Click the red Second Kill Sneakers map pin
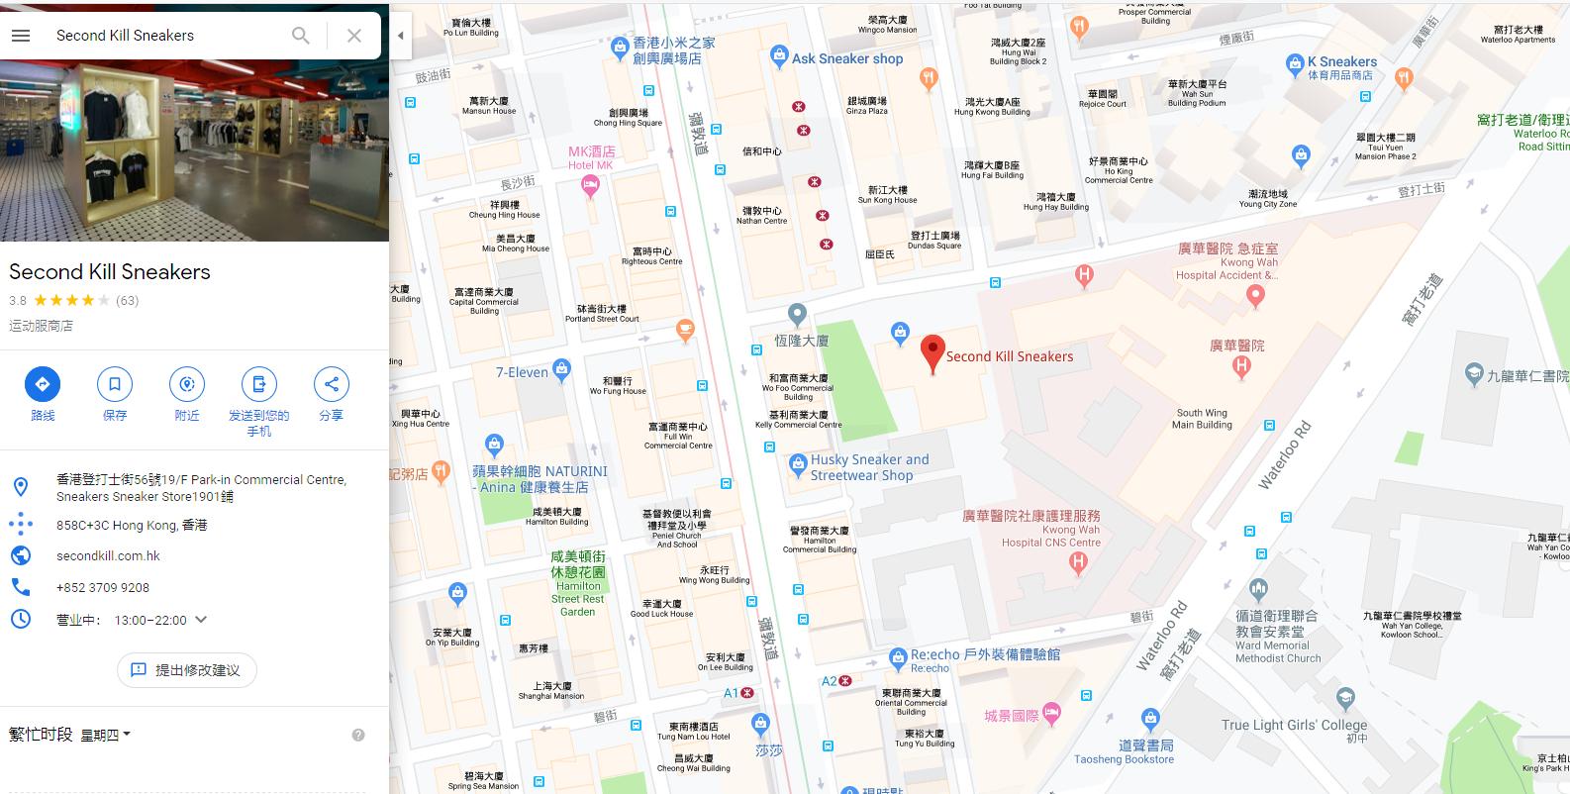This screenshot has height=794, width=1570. click(932, 352)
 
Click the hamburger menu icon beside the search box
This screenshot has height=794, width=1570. click(21, 36)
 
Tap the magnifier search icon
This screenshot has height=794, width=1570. click(301, 36)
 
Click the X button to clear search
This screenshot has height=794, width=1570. click(353, 36)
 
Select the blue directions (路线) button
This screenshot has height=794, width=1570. click(43, 384)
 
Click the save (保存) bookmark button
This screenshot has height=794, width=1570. click(115, 384)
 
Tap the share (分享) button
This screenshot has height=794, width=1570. click(331, 384)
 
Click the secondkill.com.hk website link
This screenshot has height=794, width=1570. click(108, 555)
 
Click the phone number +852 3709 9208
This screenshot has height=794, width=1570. click(103, 587)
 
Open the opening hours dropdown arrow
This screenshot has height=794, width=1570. click(201, 620)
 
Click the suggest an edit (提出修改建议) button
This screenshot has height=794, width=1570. click(187, 670)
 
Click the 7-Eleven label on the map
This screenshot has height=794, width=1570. click(522, 372)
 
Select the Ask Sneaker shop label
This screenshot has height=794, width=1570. click(846, 58)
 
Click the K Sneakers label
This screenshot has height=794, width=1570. click(1341, 61)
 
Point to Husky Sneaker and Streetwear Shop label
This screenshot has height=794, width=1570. click(869, 467)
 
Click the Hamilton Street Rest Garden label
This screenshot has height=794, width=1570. click(578, 584)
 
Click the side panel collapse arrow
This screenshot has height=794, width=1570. click(400, 36)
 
